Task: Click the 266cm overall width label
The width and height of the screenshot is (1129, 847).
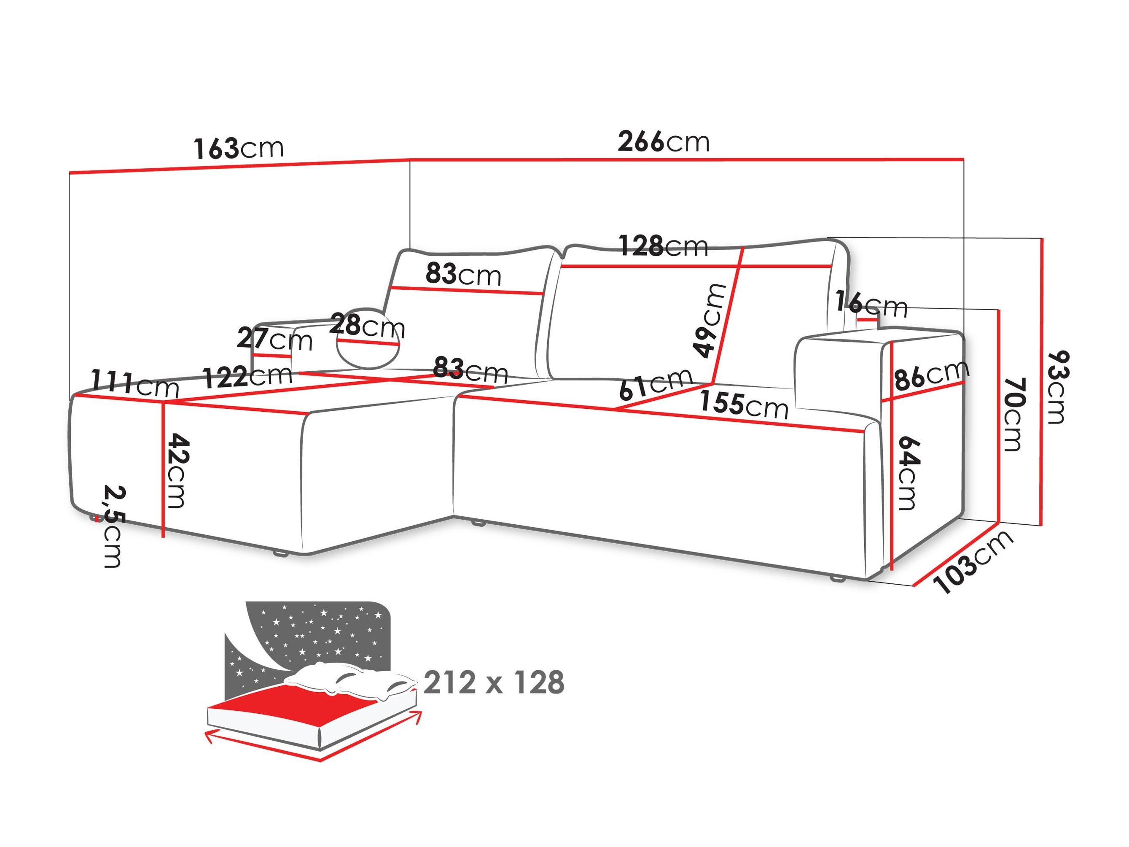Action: [x=663, y=141]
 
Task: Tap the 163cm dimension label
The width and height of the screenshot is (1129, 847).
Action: [x=238, y=148]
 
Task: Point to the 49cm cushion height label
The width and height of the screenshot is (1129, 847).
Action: [x=710, y=320]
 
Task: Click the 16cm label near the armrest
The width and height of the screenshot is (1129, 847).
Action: [x=871, y=304]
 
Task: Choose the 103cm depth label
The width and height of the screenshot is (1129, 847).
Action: [x=972, y=561]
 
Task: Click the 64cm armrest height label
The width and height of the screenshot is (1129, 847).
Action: [x=908, y=472]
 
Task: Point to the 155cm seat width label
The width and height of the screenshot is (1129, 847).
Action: [x=743, y=405]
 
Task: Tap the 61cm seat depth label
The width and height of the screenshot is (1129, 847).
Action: [x=655, y=384]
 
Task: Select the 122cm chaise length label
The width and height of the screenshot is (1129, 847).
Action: [x=247, y=377]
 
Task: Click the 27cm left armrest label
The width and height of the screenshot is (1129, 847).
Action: [x=274, y=339]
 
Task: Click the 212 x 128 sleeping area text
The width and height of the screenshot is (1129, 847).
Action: [x=494, y=682]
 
